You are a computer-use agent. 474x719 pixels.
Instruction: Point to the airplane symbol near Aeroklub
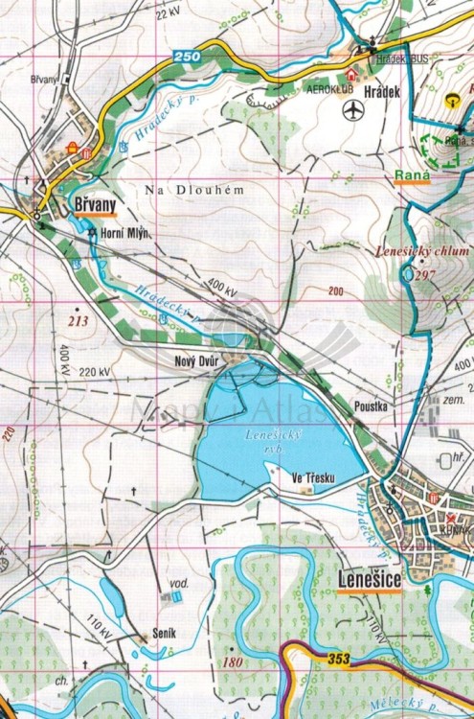[354, 111]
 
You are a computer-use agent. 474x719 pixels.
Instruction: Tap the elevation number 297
[426, 275]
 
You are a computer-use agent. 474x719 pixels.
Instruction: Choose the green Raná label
[410, 175]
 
